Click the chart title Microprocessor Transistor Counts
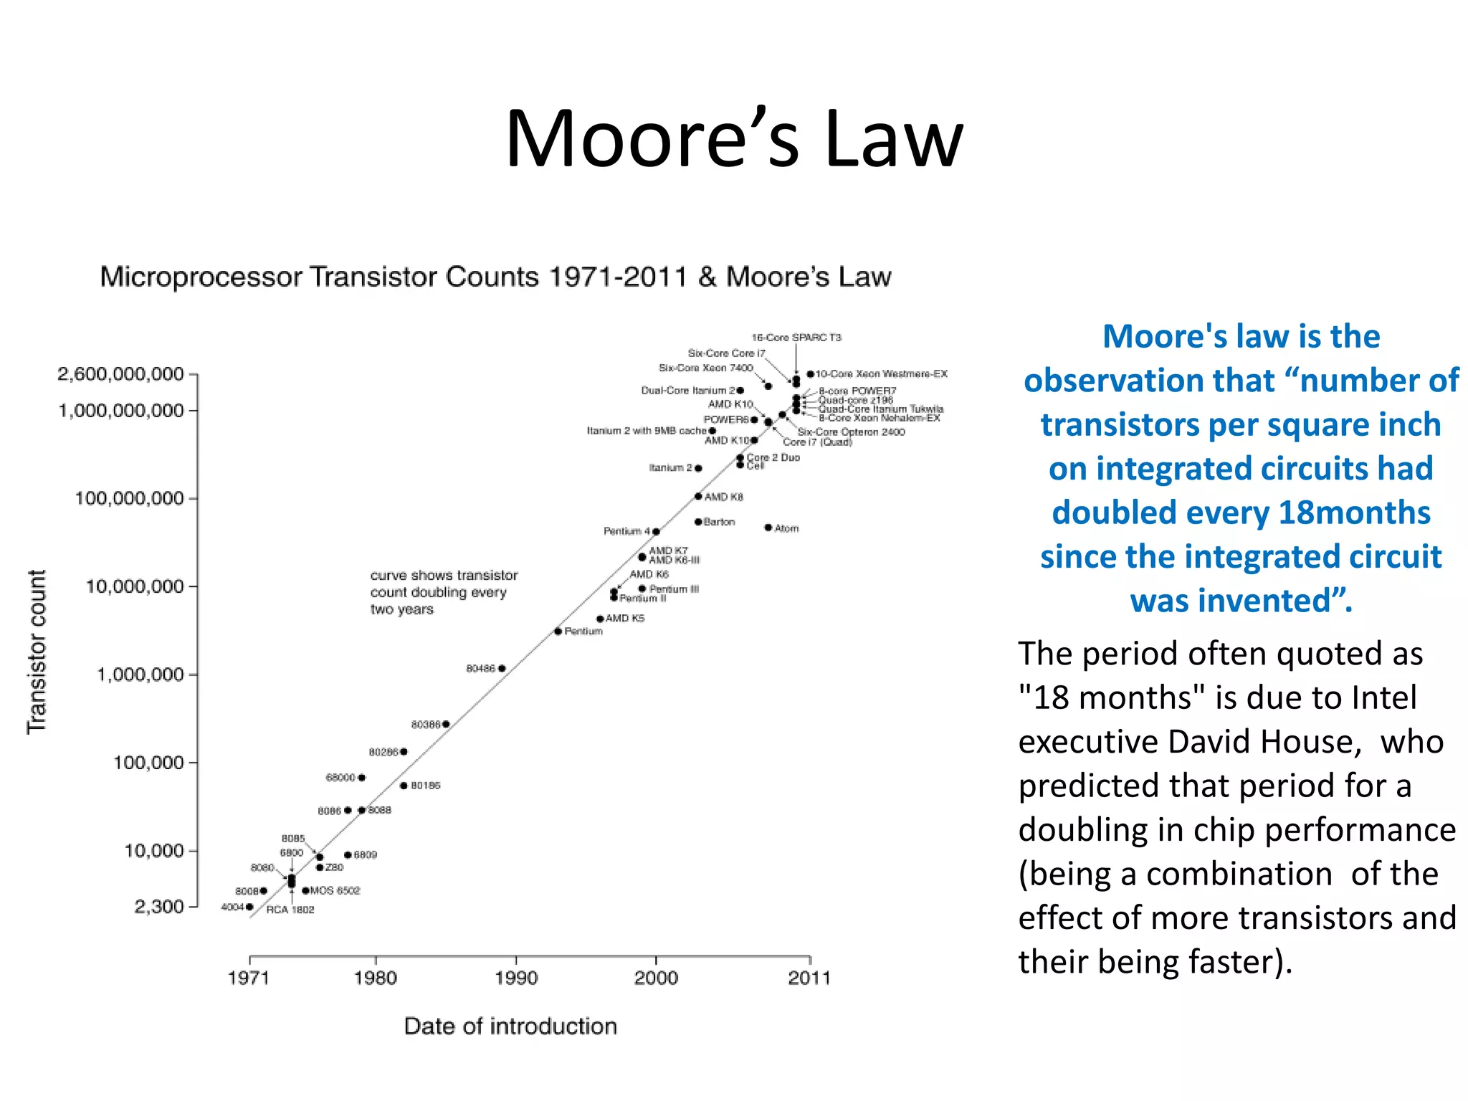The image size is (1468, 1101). [x=495, y=277]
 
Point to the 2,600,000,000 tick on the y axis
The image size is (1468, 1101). [x=120, y=373]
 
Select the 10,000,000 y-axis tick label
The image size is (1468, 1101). [x=135, y=586]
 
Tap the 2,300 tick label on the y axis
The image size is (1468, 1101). [x=159, y=907]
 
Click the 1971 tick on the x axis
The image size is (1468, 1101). [x=248, y=978]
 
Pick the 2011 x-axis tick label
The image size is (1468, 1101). [x=809, y=978]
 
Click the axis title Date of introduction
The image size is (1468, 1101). [x=510, y=1026]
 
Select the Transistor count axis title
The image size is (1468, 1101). [x=37, y=652]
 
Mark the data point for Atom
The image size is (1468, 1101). [x=768, y=528]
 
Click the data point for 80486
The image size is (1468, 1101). [x=502, y=668]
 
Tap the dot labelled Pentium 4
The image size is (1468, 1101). [x=656, y=531]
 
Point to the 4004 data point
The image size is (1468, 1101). [x=249, y=907]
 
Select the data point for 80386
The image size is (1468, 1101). [x=446, y=724]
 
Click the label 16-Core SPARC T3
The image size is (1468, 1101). [x=796, y=338]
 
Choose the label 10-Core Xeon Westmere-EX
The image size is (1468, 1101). [x=881, y=373]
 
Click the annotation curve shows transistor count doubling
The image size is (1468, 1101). [x=444, y=592]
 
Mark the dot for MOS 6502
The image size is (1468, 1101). [x=305, y=890]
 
